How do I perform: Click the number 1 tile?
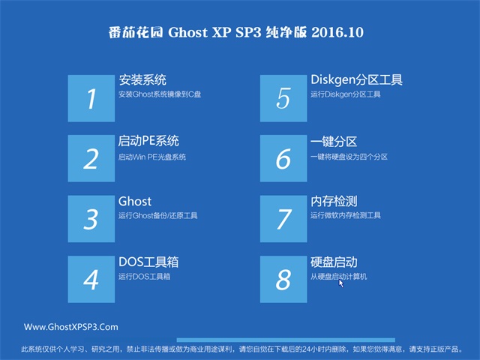91,98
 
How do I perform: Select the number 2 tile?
91,158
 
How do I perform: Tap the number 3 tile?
91,218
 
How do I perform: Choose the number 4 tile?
91,279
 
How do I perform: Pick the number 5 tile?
283,98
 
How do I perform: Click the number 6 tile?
283,158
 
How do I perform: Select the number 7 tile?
283,218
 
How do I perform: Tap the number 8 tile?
283,279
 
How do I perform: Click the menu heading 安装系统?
142,80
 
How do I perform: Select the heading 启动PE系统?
148,141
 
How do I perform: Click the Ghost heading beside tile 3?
135,202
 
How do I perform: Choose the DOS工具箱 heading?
148,262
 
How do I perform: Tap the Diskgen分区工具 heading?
357,80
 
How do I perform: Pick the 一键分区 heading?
334,142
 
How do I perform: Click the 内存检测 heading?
334,202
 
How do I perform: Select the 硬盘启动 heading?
334,262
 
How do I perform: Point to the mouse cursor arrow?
341,283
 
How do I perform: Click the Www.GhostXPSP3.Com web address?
71,327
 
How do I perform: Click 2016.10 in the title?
337,32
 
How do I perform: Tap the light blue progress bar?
286,340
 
